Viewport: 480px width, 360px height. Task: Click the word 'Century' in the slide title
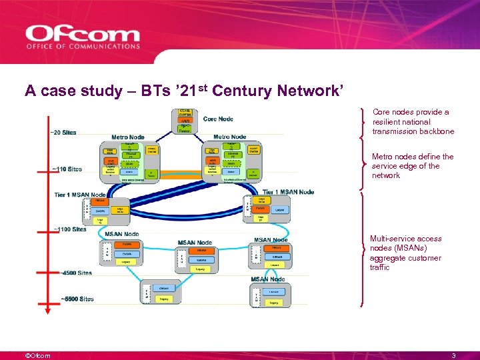click(246, 90)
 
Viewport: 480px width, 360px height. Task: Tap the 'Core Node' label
click(218, 119)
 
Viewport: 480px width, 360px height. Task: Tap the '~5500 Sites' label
click(77, 299)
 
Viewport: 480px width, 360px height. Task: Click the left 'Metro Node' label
click(128, 137)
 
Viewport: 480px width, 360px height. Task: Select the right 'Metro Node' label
click(229, 137)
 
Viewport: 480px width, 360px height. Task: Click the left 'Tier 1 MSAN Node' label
click(81, 194)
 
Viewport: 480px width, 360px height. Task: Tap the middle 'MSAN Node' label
click(195, 243)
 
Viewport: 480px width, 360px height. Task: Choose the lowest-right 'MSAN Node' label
click(267, 279)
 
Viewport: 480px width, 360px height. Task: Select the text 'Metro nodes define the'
click(413, 157)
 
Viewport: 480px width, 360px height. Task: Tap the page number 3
click(453, 355)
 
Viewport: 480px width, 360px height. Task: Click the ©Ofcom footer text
click(37, 355)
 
